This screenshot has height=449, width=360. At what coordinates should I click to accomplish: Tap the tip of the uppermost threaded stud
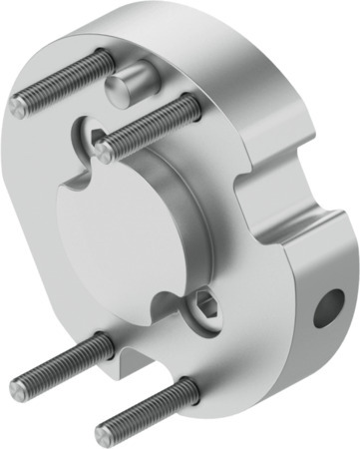[19, 108]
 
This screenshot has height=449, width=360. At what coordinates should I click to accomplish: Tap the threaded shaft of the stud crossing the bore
[150, 126]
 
